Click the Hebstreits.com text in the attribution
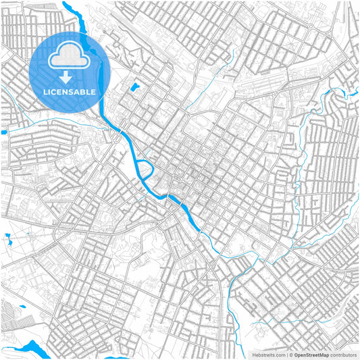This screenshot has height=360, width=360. [x=269, y=354]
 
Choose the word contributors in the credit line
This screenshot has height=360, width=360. [x=343, y=354]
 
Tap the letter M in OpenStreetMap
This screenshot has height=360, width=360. [x=323, y=354]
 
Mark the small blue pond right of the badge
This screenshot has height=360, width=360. [x=134, y=87]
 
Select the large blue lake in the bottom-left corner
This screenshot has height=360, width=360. [x=30, y=349]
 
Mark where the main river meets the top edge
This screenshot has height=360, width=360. [x=66, y=3]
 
